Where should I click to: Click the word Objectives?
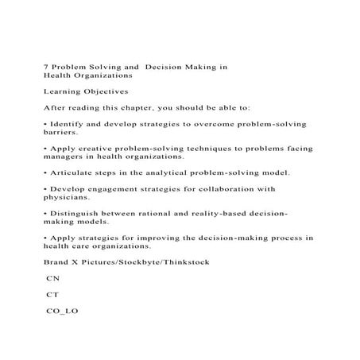(110, 91)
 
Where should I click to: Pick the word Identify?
(68, 125)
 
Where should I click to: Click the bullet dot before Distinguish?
(45, 214)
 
